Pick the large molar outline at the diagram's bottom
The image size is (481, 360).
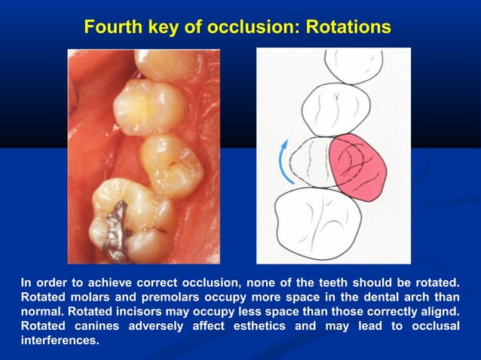[x=326, y=224]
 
